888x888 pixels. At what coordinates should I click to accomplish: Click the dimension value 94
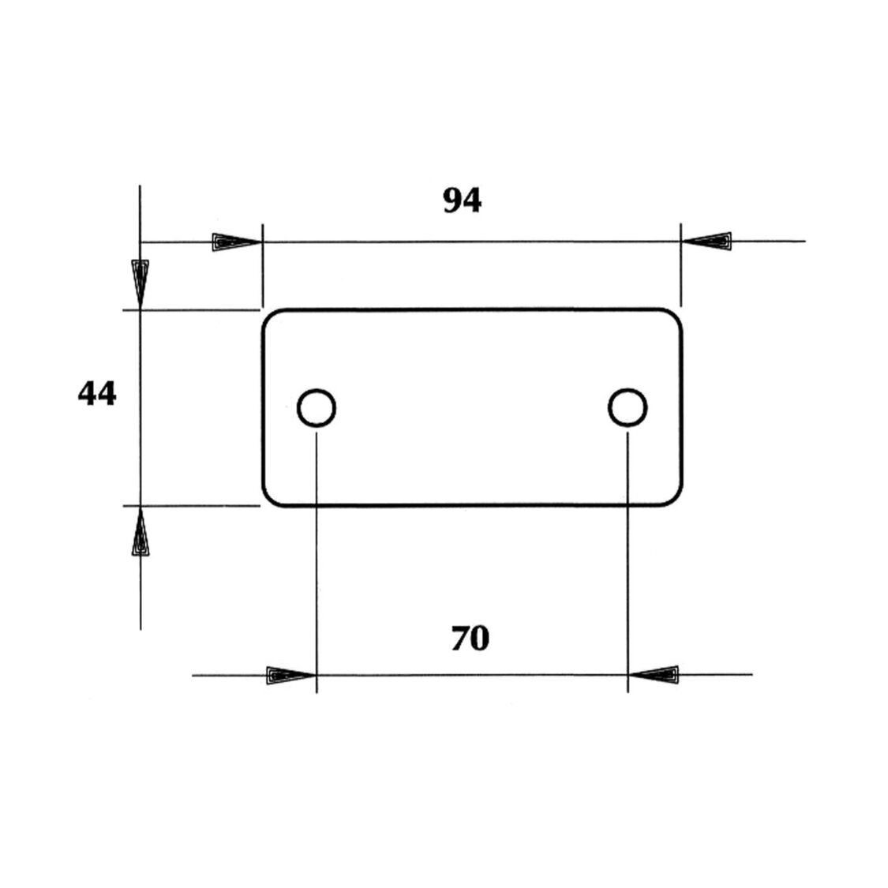coord(462,201)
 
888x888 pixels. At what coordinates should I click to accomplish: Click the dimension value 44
coord(97,393)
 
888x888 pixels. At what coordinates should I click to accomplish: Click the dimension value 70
coord(470,639)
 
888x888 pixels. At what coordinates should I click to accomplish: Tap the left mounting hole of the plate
coord(317,408)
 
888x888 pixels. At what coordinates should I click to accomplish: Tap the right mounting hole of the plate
coord(628,408)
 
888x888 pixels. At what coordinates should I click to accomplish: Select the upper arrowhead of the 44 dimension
coord(140,283)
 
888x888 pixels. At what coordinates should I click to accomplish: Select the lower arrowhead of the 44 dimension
coord(140,531)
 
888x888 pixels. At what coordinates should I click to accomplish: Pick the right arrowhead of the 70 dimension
coord(654,675)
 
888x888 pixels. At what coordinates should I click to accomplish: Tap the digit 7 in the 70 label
coord(460,639)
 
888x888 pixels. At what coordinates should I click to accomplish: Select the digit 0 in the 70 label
coord(480,639)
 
